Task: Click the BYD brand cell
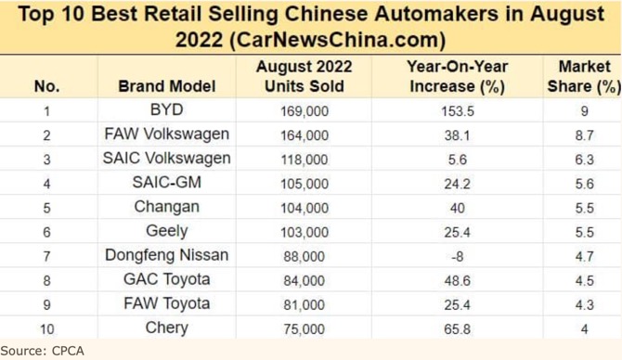(167, 110)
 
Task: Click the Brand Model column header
(167, 86)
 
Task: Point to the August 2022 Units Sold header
(304, 76)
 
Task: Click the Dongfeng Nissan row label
(167, 255)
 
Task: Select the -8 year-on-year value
(458, 256)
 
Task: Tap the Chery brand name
(167, 328)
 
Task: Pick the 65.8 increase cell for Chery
(458, 328)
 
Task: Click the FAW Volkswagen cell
(167, 135)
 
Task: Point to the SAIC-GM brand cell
(167, 183)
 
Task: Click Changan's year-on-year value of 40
(458, 208)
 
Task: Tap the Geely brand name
(167, 231)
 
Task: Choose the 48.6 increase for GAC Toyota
(458, 280)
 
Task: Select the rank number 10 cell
(46, 328)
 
